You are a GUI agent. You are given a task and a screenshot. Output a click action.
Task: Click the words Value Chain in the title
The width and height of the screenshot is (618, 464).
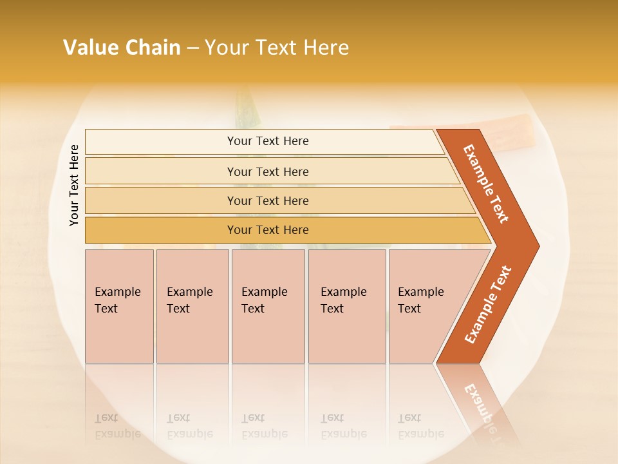(x=122, y=48)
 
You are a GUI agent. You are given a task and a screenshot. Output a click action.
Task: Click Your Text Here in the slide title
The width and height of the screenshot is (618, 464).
(x=277, y=48)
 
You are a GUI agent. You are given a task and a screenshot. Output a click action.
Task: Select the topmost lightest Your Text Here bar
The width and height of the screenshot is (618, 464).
(x=267, y=141)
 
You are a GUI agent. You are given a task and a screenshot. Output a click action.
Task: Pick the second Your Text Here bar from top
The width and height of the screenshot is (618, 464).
(x=267, y=171)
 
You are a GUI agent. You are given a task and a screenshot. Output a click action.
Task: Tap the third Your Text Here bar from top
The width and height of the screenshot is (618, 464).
(x=267, y=200)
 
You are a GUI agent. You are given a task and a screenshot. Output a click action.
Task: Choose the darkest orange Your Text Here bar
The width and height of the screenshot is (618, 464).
(x=267, y=230)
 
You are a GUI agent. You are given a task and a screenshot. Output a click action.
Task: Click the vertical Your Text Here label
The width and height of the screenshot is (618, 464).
(x=75, y=186)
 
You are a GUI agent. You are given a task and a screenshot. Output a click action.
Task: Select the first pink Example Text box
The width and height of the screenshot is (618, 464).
(x=119, y=306)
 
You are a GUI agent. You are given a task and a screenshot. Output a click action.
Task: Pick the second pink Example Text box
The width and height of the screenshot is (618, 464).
(x=192, y=306)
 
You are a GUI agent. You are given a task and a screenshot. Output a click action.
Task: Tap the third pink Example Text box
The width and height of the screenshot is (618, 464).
(x=268, y=306)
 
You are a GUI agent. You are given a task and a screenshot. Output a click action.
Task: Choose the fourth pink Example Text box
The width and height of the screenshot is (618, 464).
(x=346, y=306)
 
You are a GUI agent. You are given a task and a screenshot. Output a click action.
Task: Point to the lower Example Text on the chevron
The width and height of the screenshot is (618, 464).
(x=488, y=304)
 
